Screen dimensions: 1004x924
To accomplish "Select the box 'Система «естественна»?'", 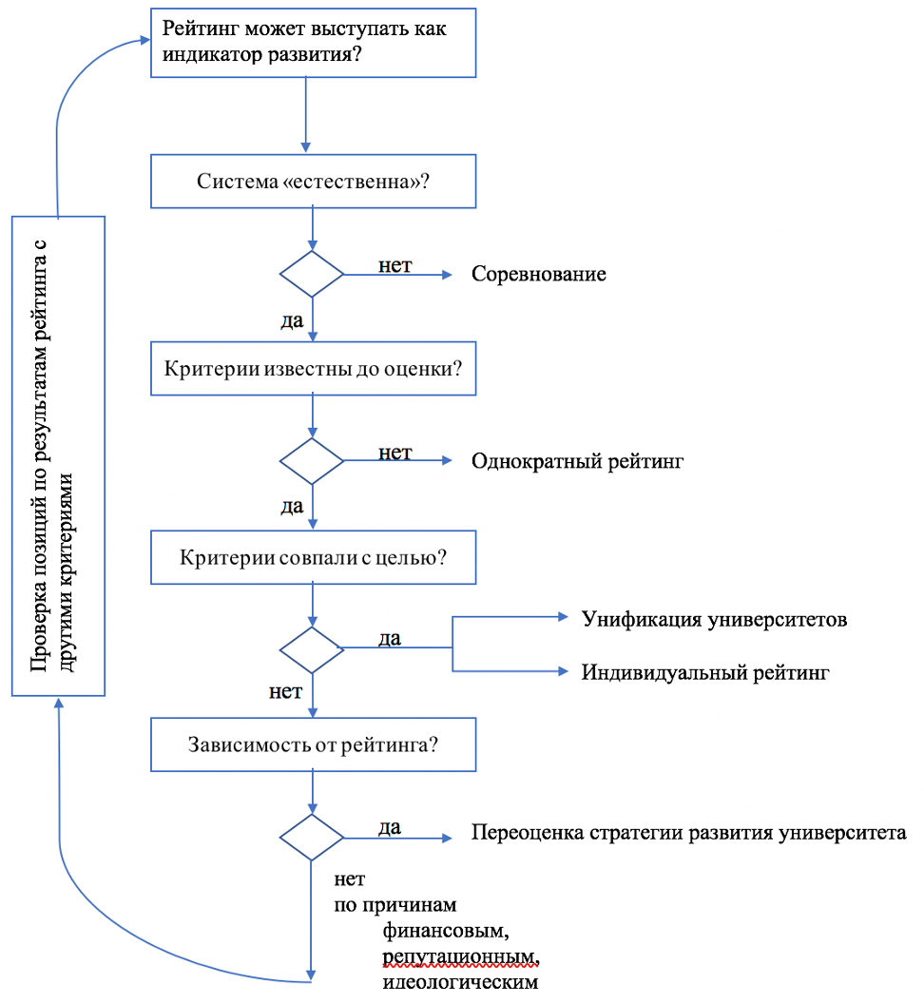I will (313, 181).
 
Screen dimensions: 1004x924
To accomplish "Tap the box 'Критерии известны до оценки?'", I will (313, 368).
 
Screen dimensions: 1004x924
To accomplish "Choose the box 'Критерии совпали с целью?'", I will (313, 556).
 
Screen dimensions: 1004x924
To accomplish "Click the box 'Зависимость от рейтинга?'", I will (313, 744).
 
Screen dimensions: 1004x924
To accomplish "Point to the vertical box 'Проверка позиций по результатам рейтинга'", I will (58, 455).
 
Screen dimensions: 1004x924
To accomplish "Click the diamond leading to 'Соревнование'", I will (312, 275).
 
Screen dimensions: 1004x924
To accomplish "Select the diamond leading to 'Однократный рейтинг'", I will (312, 461).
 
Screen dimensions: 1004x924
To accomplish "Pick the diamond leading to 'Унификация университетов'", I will (312, 649).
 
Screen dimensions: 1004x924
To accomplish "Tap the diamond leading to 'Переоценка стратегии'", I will (312, 837).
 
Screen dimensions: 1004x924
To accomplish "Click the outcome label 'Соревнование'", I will (539, 275).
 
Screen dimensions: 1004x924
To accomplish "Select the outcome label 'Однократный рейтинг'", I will (577, 462).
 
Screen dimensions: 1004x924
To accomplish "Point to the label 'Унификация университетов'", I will (714, 619).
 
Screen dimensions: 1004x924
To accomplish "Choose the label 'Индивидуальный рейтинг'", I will (706, 672).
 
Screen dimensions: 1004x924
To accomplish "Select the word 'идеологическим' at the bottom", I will (461, 980).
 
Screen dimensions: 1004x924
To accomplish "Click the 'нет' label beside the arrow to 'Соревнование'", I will (395, 265).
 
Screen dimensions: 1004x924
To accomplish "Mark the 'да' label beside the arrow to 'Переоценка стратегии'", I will (389, 826).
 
